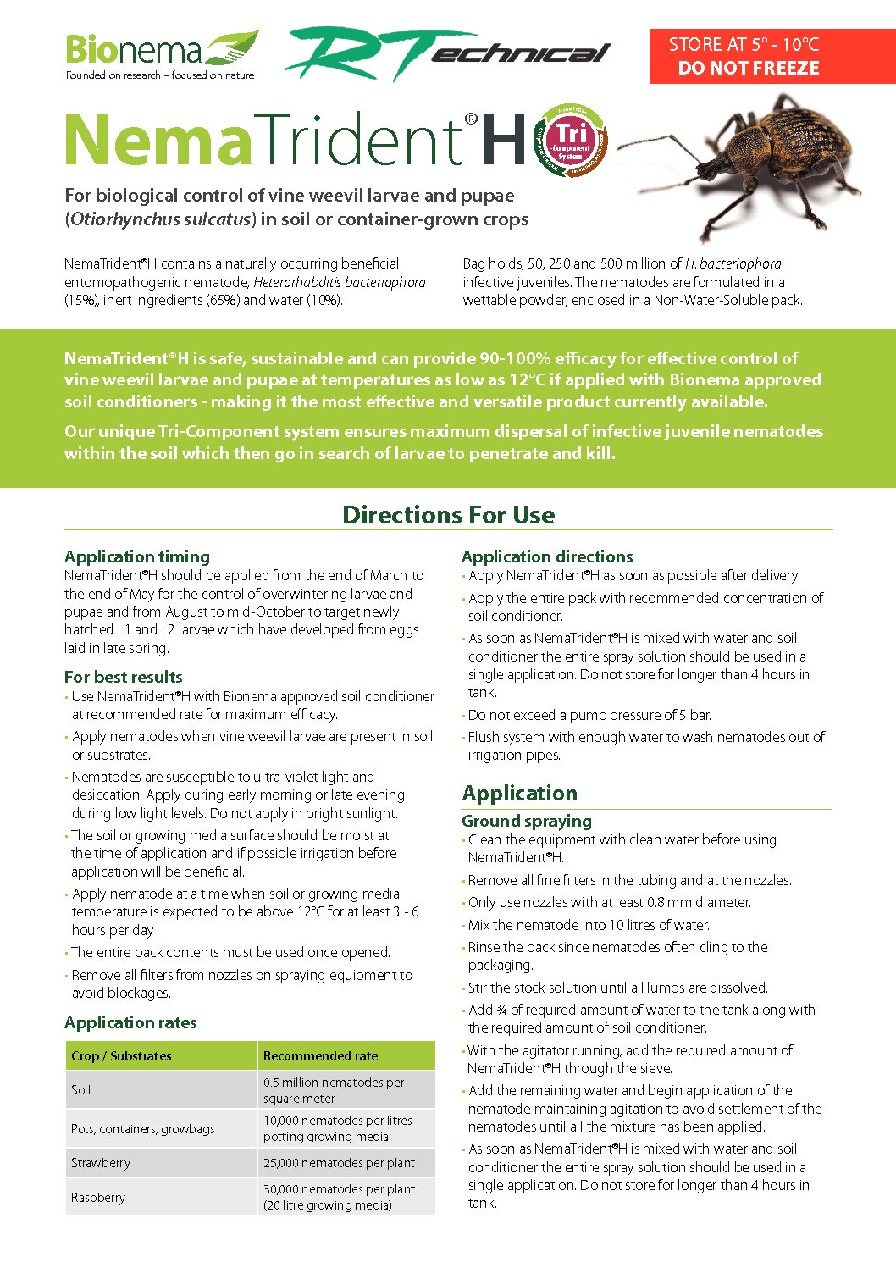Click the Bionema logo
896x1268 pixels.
click(161, 54)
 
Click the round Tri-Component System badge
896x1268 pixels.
click(571, 140)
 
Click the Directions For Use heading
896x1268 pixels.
click(448, 515)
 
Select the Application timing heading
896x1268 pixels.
click(137, 556)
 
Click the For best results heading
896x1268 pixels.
click(124, 677)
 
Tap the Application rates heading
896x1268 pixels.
click(130, 1022)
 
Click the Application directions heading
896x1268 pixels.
click(547, 556)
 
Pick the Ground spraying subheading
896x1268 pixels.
click(526, 821)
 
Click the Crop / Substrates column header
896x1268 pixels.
click(121, 1056)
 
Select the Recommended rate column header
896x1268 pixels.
click(320, 1056)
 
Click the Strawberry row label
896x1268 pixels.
click(101, 1163)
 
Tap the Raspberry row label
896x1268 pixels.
click(98, 1198)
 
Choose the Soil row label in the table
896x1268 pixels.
click(81, 1090)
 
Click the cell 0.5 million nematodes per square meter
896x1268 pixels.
click(334, 1090)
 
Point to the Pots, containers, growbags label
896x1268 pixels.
click(143, 1129)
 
